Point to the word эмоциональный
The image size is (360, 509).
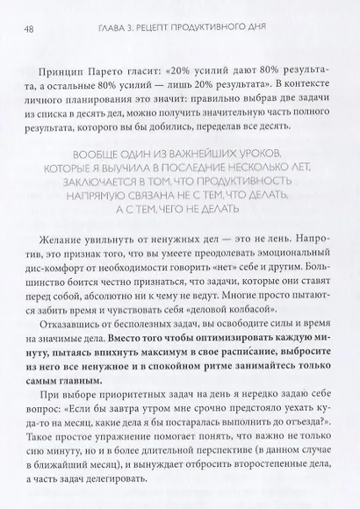click(290, 276)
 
